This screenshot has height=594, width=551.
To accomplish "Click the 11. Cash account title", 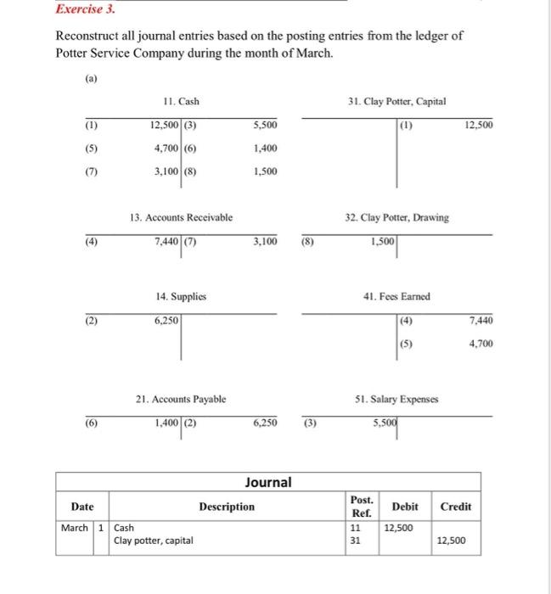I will click(181, 102).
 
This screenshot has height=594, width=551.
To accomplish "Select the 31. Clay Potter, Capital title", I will click(396, 102).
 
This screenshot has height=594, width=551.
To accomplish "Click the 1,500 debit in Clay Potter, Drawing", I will click(382, 242).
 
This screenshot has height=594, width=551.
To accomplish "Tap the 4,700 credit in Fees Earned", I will click(480, 345).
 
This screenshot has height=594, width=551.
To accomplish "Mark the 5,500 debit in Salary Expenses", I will click(383, 420).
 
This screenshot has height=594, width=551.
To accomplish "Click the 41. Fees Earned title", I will click(396, 297).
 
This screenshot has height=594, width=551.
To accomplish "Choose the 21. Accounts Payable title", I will click(181, 397).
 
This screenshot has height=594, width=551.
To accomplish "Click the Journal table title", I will click(268, 482).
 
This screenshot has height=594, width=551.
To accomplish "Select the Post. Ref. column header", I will click(360, 507).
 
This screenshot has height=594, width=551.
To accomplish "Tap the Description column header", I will click(226, 507).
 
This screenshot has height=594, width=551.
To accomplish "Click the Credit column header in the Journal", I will click(456, 507).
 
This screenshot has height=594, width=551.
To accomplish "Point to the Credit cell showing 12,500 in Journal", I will click(451, 540).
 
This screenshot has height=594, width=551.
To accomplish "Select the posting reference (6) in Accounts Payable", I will click(90, 420).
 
